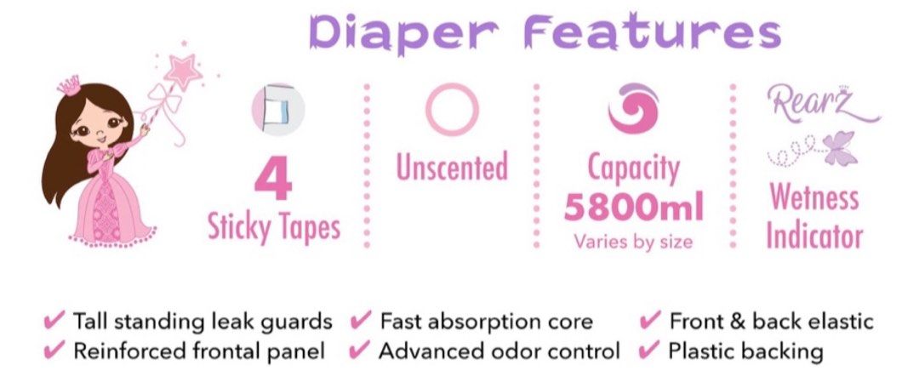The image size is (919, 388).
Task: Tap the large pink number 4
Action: tap(274, 179)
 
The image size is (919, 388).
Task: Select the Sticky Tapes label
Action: tap(274, 227)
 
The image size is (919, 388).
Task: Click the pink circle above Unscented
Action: tap(452, 110)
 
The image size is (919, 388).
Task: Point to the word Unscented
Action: tap(452, 167)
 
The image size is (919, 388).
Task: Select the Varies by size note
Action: tap(633, 241)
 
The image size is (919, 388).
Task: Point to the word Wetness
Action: tap(814, 197)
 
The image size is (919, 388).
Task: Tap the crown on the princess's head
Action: tap(69, 85)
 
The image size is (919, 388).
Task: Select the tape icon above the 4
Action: tap(277, 110)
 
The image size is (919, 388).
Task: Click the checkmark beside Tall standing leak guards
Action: tap(54, 322)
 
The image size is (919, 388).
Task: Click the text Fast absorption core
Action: tap(486, 322)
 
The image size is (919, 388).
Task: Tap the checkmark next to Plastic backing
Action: tap(650, 350)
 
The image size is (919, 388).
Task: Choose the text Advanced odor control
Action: tap(499, 350)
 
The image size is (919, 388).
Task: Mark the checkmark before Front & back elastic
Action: tap(650, 322)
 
